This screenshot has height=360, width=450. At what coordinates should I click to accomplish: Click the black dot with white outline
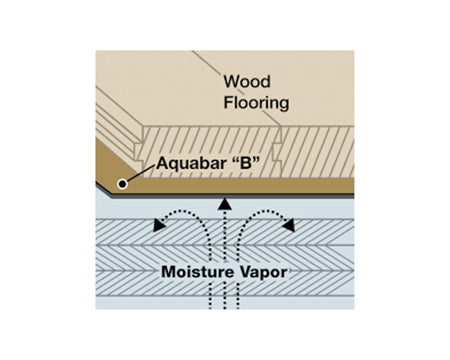(x=123, y=183)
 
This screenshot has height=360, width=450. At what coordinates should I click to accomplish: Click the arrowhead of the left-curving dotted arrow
(x=160, y=226)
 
